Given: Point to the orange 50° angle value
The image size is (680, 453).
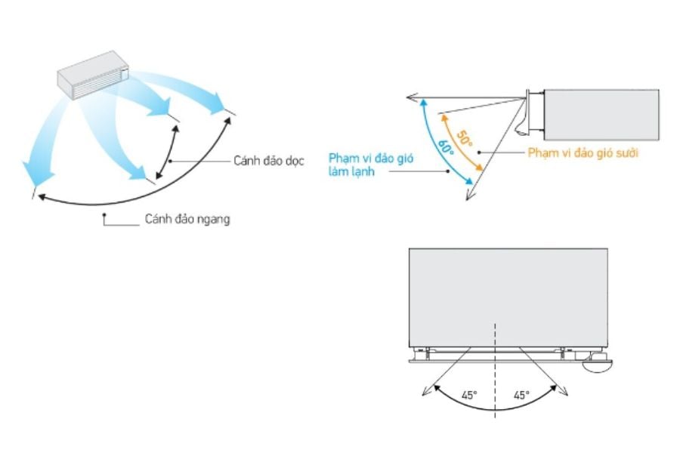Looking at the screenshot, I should [x=463, y=137].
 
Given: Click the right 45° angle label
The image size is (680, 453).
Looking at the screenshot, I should [x=521, y=395].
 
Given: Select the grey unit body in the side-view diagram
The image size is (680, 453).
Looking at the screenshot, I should [x=601, y=113].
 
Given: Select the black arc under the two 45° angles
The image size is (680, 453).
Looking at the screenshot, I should [x=495, y=408].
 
